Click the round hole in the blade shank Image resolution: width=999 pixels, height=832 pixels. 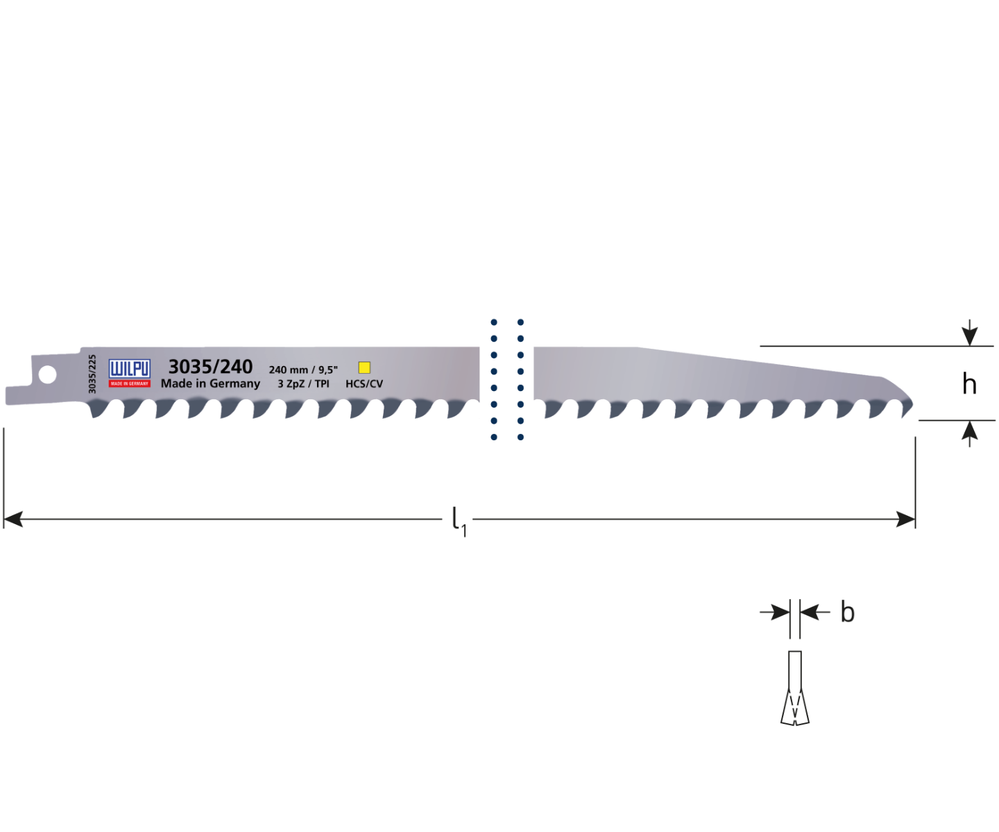pos(47,374)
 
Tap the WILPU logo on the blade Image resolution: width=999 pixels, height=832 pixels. pos(129,373)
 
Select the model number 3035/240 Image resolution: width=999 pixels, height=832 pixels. pos(210,367)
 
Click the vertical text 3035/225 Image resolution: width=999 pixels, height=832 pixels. pos(92,374)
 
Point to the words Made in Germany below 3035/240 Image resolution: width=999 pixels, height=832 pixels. pos(210,383)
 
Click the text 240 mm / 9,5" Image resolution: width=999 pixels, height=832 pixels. pos(303,370)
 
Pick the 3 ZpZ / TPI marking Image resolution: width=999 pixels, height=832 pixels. pos(303,383)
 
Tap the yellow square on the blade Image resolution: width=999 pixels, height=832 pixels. pos(365,367)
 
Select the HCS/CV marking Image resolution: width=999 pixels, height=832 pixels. pos(364,383)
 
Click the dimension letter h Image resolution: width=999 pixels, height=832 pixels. pos(969,383)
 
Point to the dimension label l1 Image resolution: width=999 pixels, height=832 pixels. pos(459,522)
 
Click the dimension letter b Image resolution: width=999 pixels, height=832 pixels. pos(847,612)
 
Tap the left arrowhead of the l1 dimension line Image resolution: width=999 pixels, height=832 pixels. pos(13,519)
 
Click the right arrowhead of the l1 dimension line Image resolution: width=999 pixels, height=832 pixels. pos(906,519)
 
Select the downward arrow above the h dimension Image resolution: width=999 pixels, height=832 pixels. pos(969,332)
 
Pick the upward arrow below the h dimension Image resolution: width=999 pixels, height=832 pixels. pos(969,434)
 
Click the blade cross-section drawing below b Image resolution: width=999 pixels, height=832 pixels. pos(795,688)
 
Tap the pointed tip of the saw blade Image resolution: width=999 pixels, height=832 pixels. pos(912,406)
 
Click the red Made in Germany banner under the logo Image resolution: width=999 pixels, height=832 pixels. pos(129,383)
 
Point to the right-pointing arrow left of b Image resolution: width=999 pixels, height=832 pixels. pos(775,612)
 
